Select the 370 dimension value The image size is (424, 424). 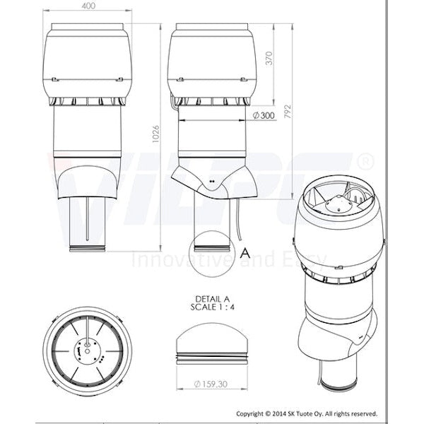point(269,61)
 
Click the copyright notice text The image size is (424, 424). point(307,413)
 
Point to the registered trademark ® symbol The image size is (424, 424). point(365,162)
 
